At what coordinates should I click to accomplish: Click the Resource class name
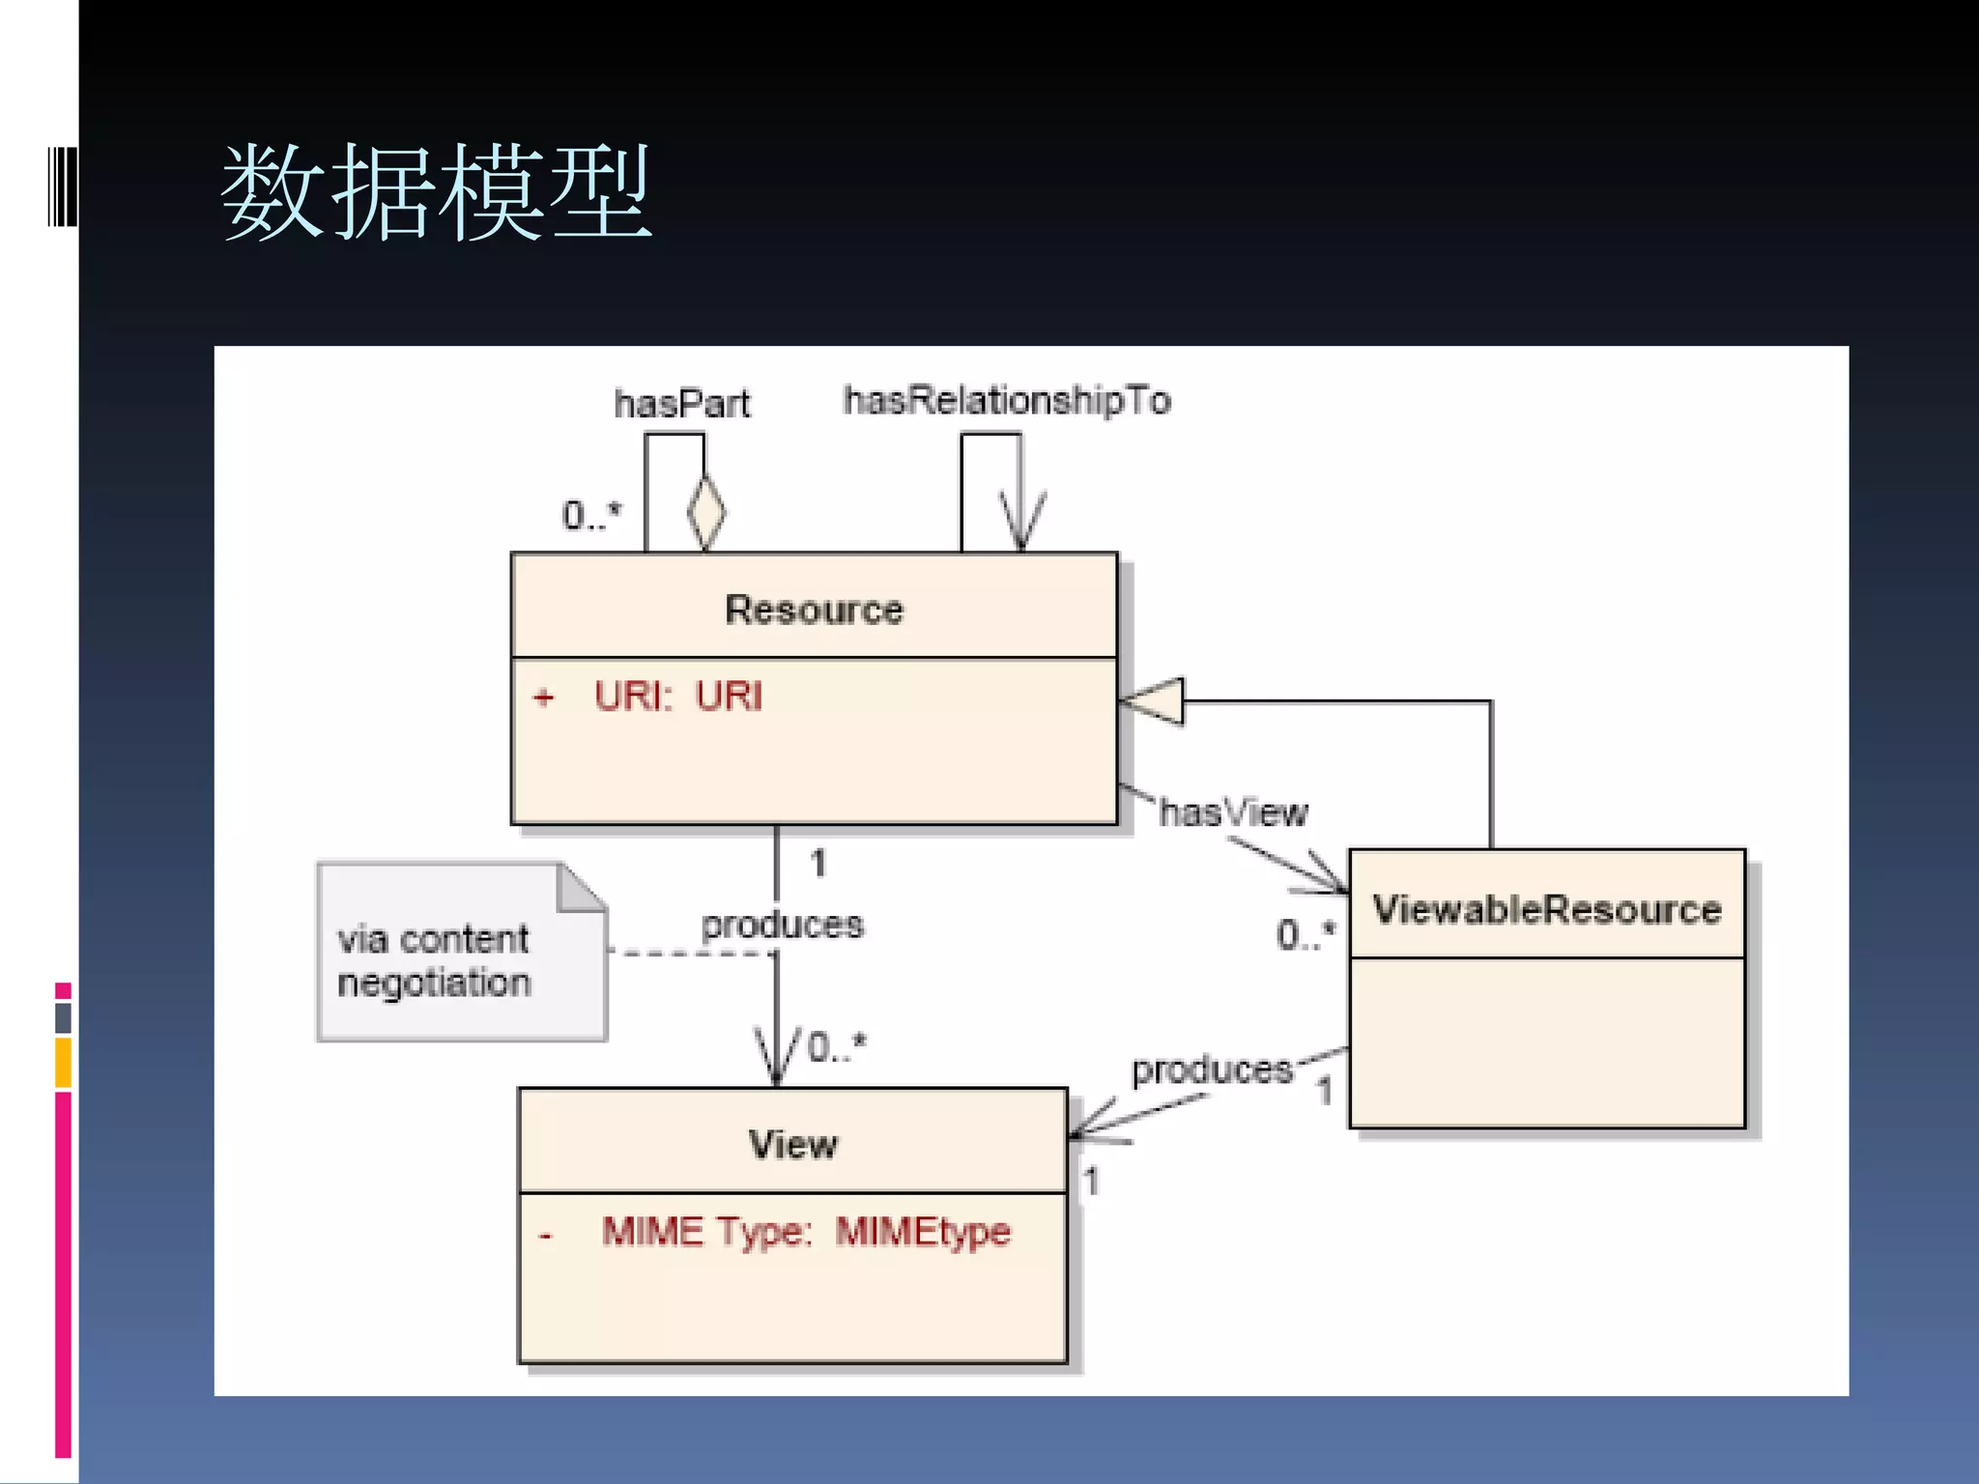[814, 610]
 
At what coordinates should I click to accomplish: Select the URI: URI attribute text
[677, 697]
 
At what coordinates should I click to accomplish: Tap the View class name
[792, 1145]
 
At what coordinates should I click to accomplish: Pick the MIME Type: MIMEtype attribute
[806, 1232]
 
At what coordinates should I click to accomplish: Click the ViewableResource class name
[1547, 909]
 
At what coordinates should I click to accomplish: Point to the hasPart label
[681, 404]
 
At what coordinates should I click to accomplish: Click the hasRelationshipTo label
[1007, 400]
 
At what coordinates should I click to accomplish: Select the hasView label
[1233, 813]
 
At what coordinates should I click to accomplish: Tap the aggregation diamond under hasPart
[706, 512]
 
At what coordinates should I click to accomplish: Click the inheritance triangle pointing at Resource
[1154, 700]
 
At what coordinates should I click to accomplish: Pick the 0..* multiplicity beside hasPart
[591, 516]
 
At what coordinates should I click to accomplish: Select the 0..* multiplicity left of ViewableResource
[1305, 934]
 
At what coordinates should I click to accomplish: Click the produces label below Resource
[782, 925]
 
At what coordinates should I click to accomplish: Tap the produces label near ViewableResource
[1212, 1070]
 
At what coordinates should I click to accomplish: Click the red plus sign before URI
[544, 698]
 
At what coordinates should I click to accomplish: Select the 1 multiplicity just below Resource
[818, 863]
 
